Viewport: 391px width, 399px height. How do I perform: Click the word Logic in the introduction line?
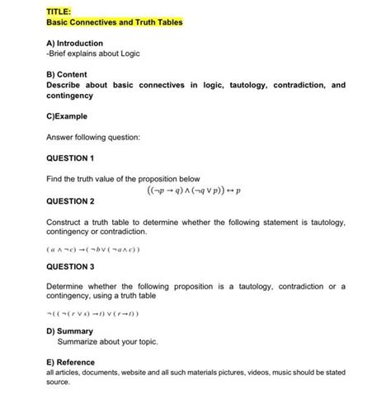click(129, 54)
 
